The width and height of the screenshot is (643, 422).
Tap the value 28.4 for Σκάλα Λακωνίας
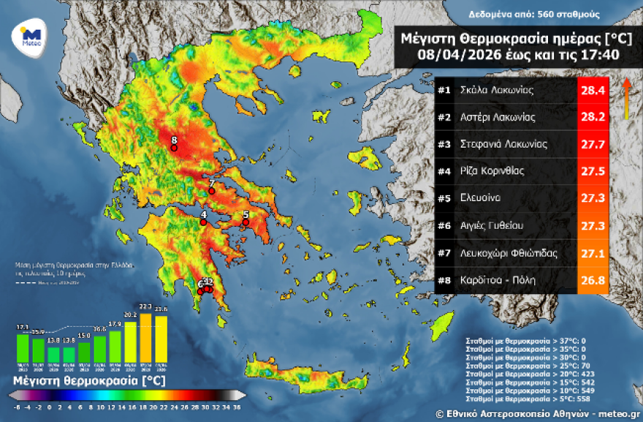593,91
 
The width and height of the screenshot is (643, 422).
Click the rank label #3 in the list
444,145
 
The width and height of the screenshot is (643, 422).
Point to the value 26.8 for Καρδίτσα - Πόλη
593,280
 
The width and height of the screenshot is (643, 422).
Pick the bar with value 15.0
84,353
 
